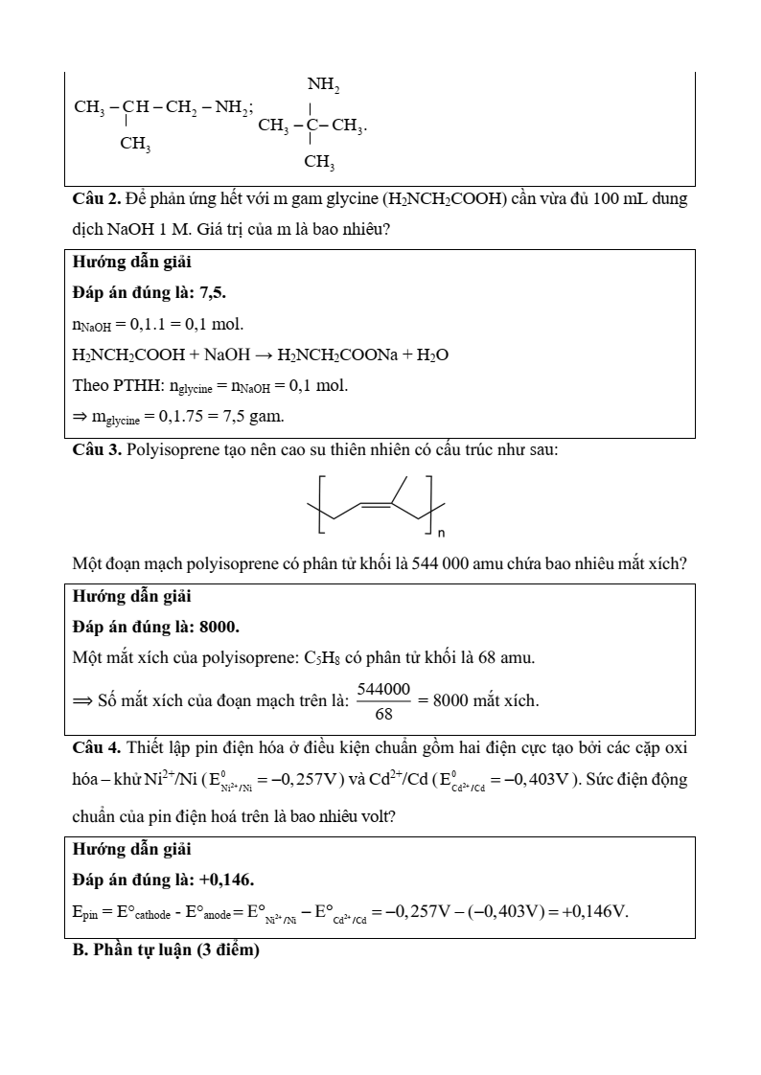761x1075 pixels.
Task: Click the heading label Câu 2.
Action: [x=96, y=200]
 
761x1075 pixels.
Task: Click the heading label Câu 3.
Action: [x=96, y=449]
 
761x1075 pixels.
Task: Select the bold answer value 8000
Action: [x=219, y=627]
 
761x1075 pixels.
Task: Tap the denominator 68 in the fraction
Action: [x=383, y=714]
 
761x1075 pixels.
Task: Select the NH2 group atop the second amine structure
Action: [x=323, y=87]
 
